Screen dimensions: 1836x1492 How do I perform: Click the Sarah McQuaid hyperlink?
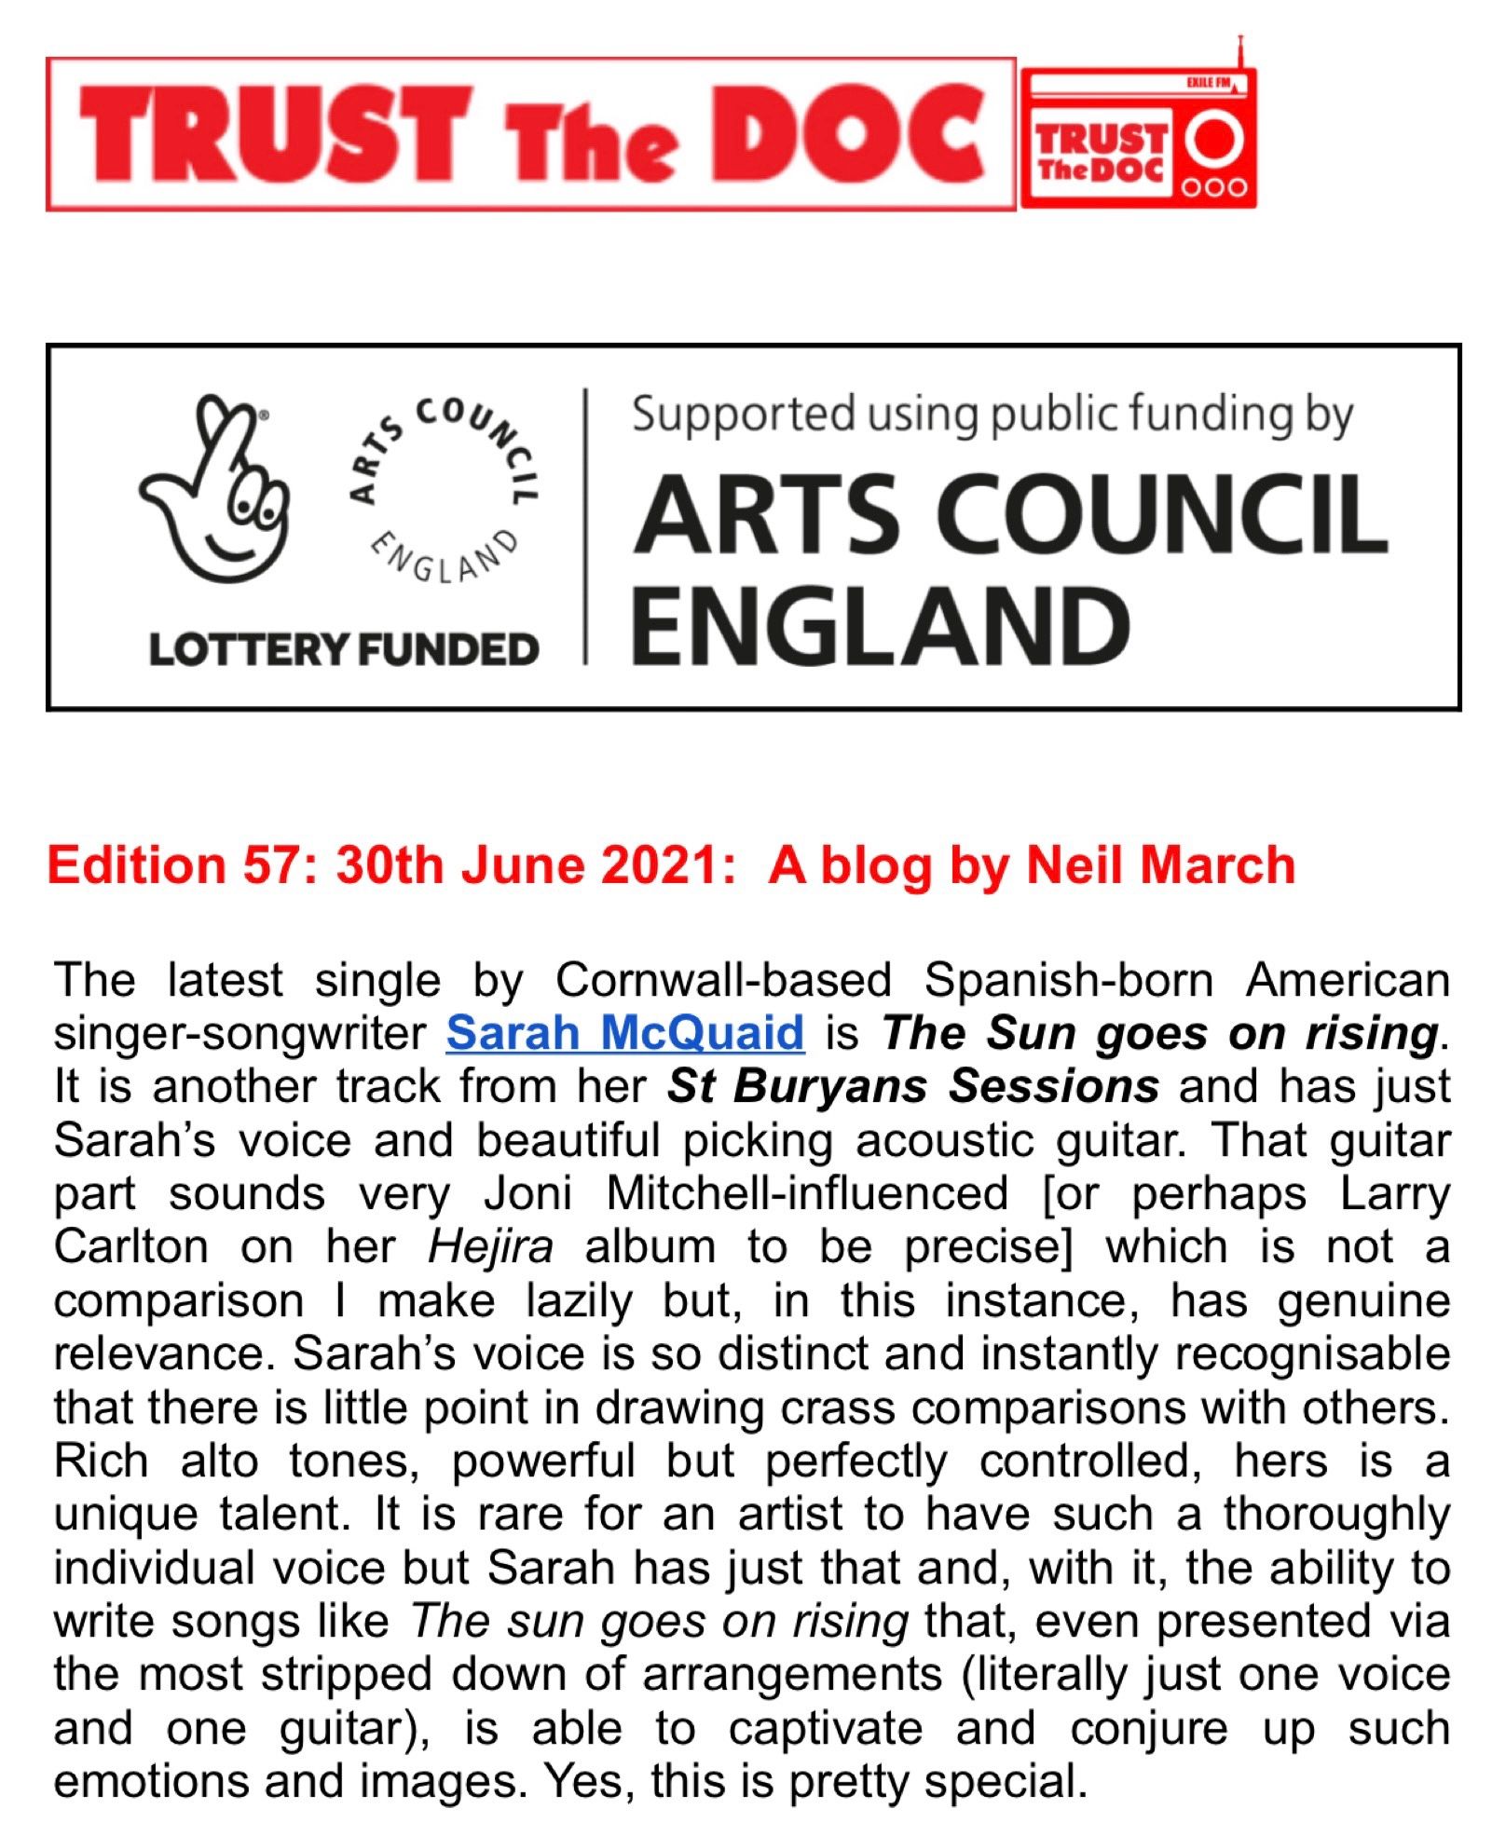624,1032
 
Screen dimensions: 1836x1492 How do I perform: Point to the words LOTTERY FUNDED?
344,649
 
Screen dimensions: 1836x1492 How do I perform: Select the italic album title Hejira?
490,1247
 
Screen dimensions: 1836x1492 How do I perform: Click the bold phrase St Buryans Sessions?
913,1086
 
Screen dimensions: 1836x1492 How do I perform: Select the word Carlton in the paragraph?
130,1247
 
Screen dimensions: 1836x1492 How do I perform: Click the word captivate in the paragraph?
826,1729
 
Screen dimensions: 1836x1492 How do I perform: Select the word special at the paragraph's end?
1006,1782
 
